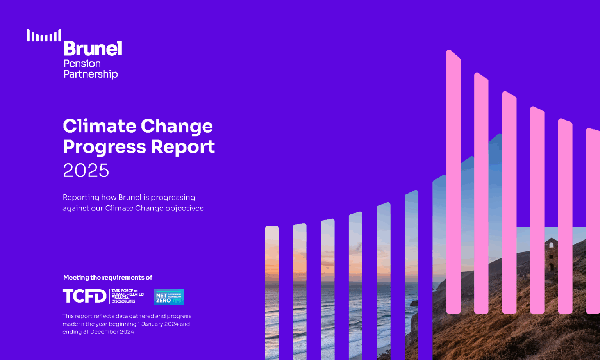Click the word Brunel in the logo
pyautogui.click(x=93, y=49)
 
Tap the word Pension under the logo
pyautogui.click(x=82, y=64)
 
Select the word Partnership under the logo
pyautogui.click(x=91, y=74)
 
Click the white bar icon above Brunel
pyautogui.click(x=44, y=36)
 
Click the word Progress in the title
pyautogui.click(x=104, y=147)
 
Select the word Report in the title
pyautogui.click(x=183, y=147)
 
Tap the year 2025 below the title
pyautogui.click(x=86, y=171)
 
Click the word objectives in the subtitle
pyautogui.click(x=184, y=208)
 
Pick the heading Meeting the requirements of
pyautogui.click(x=108, y=278)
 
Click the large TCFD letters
pyautogui.click(x=84, y=296)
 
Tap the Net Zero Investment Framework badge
pyautogui.click(x=169, y=297)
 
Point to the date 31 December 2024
pyautogui.click(x=108, y=332)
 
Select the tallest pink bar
pyautogui.click(x=454, y=184)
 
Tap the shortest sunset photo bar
pyautogui.click(x=272, y=293)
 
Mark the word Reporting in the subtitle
pyautogui.click(x=81, y=197)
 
